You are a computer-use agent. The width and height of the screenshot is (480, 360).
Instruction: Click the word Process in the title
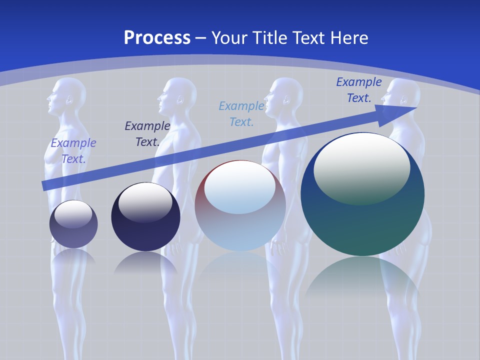(x=157, y=38)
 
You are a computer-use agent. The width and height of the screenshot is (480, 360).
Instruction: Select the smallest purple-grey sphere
(x=73, y=225)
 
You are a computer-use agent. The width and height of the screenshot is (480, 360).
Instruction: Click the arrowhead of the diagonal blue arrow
(x=400, y=111)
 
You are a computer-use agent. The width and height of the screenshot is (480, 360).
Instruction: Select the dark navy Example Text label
(x=147, y=134)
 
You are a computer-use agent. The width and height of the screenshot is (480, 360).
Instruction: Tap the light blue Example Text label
(x=241, y=113)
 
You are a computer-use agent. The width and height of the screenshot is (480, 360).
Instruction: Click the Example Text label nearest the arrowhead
(x=358, y=90)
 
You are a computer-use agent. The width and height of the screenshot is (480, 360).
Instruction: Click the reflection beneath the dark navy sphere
(x=145, y=262)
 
